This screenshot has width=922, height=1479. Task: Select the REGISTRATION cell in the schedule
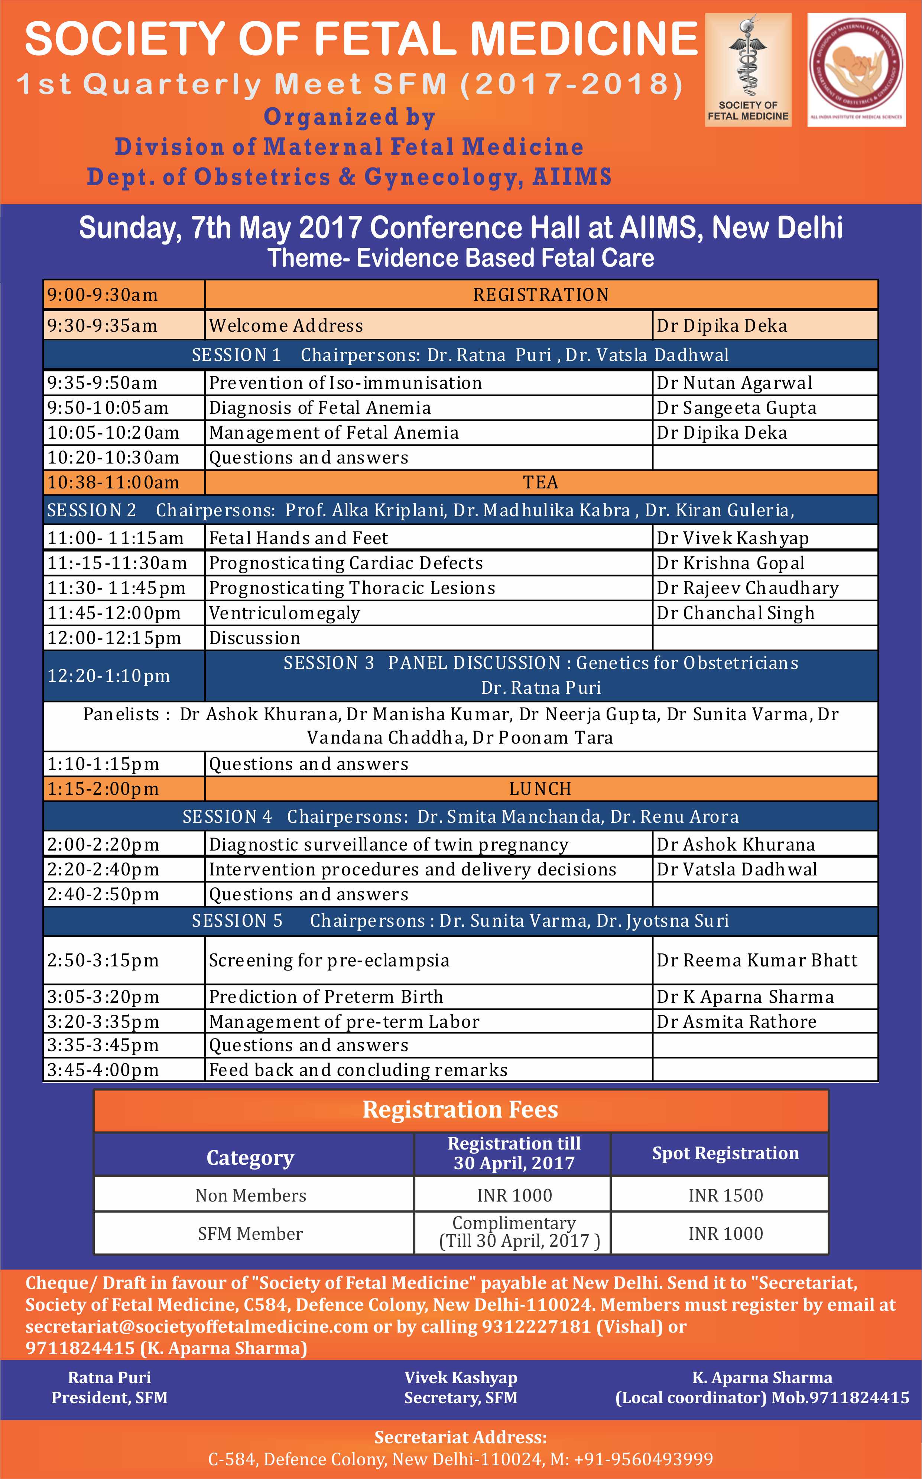[541, 295]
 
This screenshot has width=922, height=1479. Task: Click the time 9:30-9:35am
[103, 325]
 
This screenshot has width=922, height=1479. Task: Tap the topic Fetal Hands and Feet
[298, 538]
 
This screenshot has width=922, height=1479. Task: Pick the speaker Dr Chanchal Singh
[736, 613]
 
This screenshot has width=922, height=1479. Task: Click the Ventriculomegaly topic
[284, 613]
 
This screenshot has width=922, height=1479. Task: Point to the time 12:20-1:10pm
[108, 676]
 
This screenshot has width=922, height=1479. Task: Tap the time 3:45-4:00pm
[103, 1070]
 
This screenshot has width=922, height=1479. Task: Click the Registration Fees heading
[460, 1109]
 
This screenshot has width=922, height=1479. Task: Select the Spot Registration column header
[725, 1153]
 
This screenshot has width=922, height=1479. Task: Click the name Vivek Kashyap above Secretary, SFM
[460, 1378]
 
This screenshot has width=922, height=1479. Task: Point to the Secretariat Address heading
[460, 1437]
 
